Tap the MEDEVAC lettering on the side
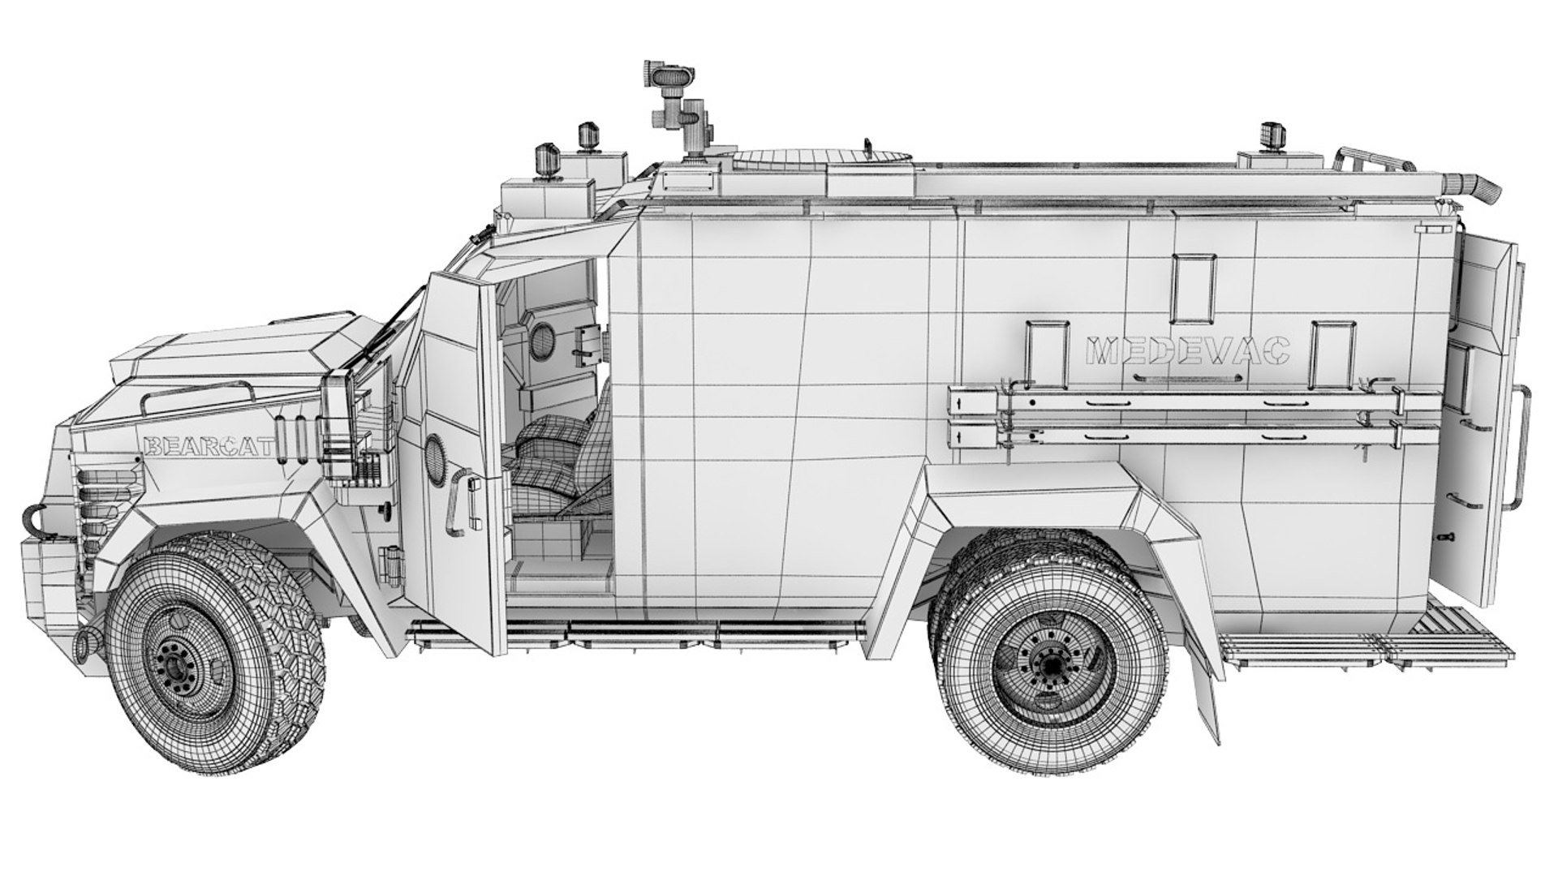tap(1187, 352)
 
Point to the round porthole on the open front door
tap(436, 458)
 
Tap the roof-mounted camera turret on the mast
tap(665, 78)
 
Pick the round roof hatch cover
tap(820, 155)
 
